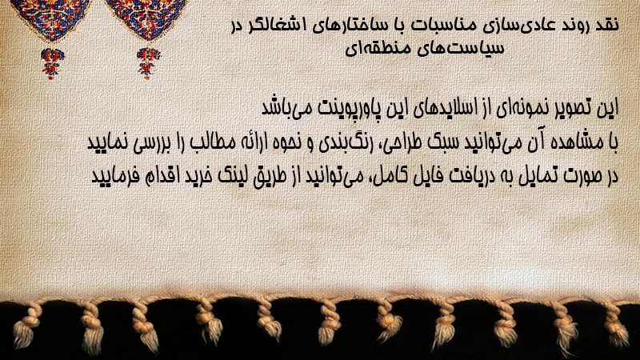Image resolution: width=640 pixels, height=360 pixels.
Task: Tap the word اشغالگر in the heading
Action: click(278, 25)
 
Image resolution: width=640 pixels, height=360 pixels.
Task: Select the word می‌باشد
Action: click(287, 108)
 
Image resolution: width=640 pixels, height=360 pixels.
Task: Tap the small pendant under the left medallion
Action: click(52, 63)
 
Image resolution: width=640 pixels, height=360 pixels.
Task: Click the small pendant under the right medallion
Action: click(148, 63)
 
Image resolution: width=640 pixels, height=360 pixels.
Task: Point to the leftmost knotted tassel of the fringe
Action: click(25, 326)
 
